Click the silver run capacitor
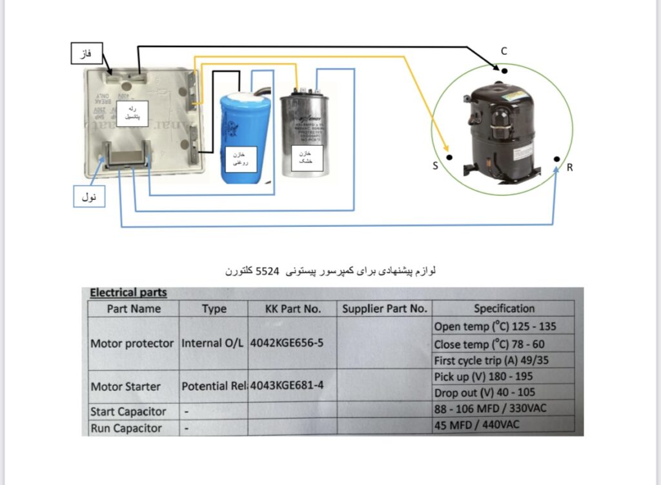[305, 135]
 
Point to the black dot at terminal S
[449, 157]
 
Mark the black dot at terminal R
[556, 159]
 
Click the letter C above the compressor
[504, 51]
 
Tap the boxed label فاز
[86, 54]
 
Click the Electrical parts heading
[128, 293]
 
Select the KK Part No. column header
[292, 308]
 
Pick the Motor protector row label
[132, 343]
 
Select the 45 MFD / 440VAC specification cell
[476, 424]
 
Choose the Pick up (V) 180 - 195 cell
[483, 376]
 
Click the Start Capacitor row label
[128, 411]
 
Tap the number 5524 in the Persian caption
[269, 272]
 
